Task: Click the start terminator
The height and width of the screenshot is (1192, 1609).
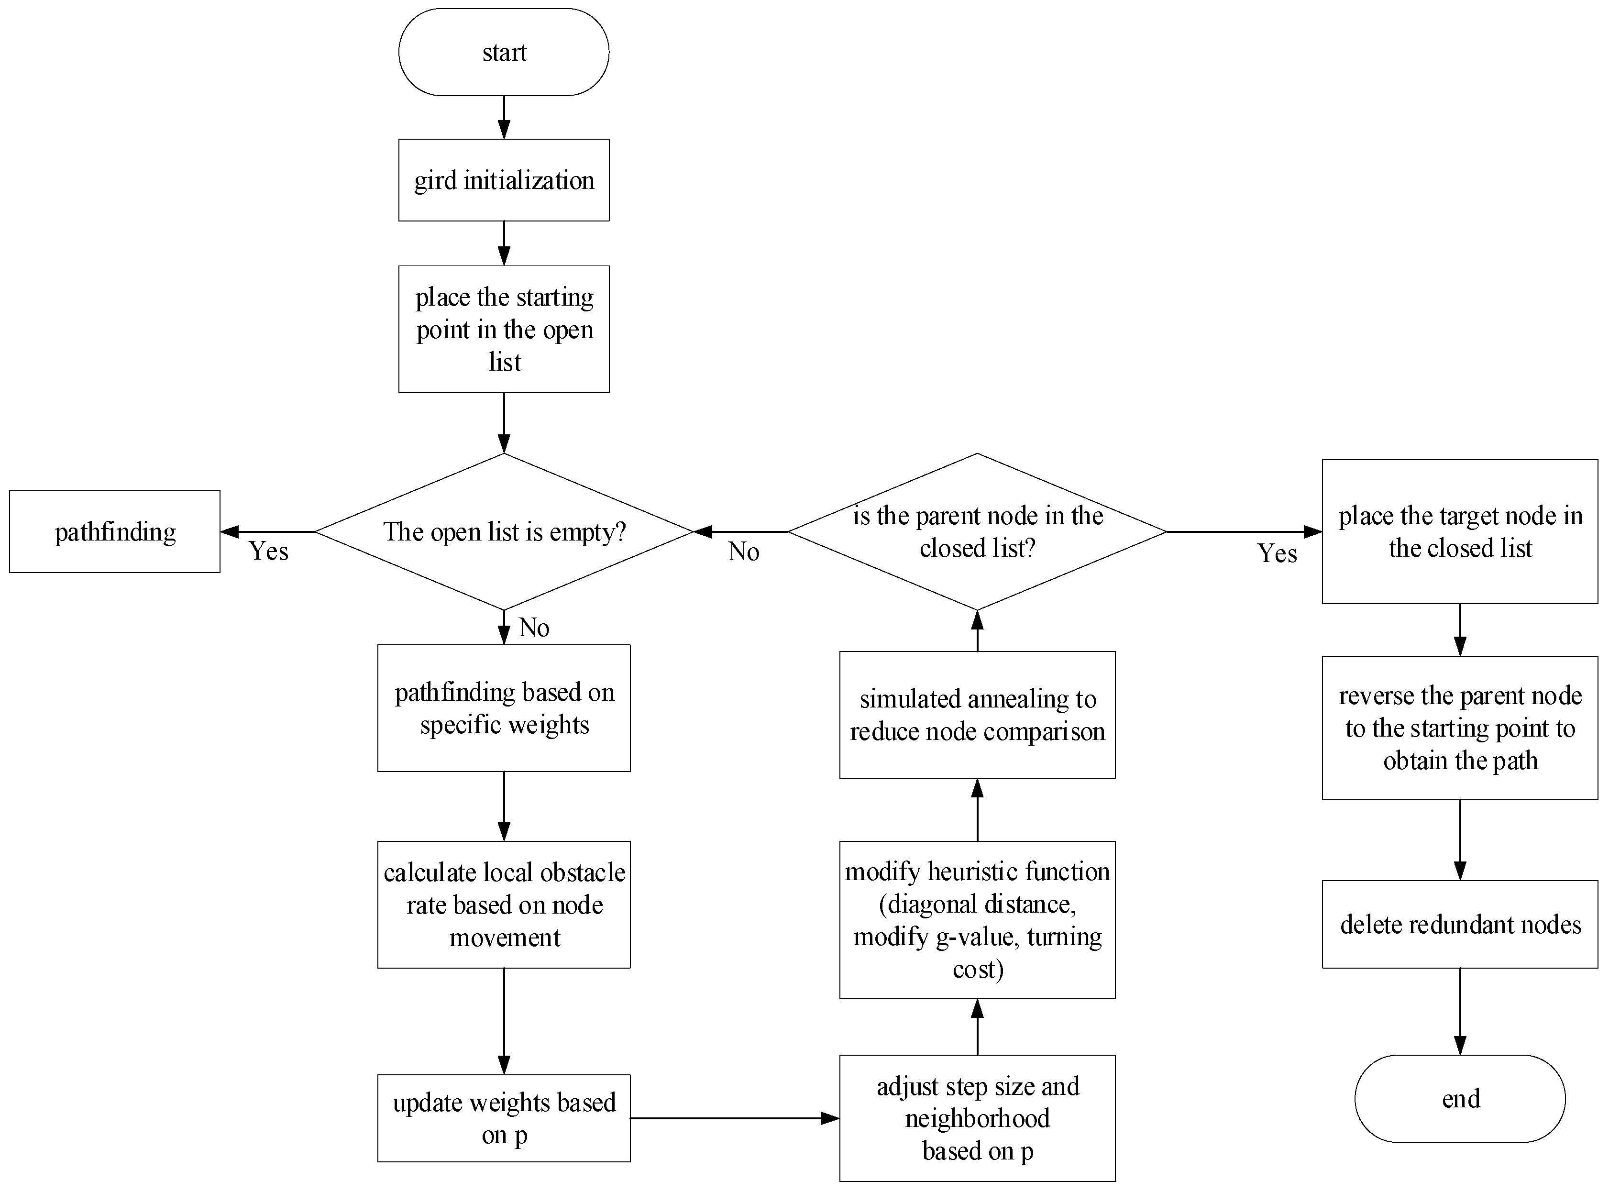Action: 504,52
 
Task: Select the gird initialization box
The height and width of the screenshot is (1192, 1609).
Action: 504,180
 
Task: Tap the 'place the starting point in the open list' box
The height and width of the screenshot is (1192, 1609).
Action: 504,329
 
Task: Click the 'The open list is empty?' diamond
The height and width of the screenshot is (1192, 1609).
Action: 504,532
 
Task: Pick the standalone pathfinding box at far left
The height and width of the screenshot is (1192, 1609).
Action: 115,532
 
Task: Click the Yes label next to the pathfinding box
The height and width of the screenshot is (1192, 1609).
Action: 268,551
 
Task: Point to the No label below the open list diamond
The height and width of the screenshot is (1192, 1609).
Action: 534,628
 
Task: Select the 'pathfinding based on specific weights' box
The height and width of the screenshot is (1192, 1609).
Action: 504,708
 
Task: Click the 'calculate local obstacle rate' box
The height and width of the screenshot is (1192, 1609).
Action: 504,904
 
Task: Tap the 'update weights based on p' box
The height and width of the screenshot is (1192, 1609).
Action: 504,1118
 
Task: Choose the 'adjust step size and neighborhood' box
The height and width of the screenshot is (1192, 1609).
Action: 977,1118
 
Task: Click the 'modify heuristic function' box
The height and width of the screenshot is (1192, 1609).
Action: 977,919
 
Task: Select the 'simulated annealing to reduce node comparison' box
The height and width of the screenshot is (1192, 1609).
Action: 977,714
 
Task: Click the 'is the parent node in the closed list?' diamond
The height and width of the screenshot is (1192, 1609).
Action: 977,532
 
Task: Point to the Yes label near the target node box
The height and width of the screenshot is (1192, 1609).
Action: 1277,553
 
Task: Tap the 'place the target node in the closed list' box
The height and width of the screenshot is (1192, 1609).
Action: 1460,532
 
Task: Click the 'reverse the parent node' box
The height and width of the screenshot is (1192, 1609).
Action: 1460,728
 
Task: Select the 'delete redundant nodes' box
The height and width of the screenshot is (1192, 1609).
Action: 1460,924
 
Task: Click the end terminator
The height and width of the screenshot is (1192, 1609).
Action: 1460,1098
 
